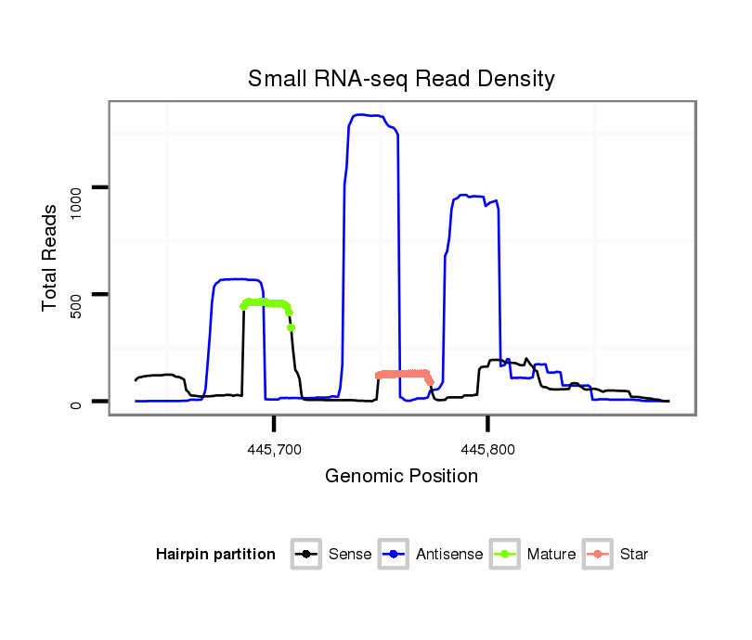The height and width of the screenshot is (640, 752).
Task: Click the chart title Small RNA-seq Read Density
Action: click(x=401, y=79)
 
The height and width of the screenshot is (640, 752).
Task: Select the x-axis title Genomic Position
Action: click(x=401, y=477)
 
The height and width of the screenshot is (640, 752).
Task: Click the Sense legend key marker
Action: click(x=306, y=555)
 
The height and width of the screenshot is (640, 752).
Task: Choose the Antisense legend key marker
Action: click(x=394, y=555)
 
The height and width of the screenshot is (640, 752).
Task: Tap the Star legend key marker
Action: click(x=598, y=555)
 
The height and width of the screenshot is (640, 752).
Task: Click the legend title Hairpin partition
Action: click(x=215, y=555)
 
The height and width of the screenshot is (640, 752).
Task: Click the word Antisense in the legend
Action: click(x=449, y=555)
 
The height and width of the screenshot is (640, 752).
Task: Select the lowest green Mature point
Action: click(x=292, y=327)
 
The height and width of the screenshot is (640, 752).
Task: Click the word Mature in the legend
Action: click(x=551, y=555)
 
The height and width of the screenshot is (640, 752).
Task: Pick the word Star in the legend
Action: click(x=634, y=555)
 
